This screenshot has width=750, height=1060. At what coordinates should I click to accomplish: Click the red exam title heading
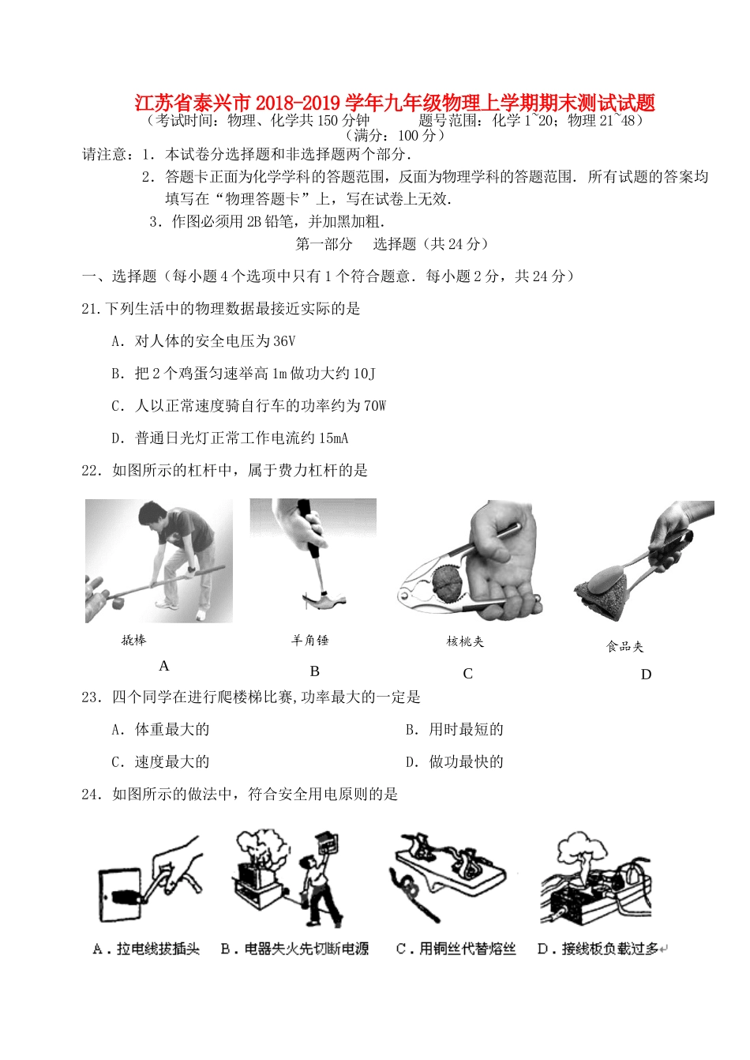pos(394,103)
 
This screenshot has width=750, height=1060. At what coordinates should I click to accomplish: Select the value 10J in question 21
pos(364,374)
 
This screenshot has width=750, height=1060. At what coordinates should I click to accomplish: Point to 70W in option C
pos(374,406)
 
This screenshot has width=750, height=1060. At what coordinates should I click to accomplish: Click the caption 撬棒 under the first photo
pos(133,641)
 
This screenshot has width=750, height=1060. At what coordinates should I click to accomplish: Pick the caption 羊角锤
pos(309,641)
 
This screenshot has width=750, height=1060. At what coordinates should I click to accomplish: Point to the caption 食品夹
pos(624,647)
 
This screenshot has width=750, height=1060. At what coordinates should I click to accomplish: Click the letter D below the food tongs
pos(646,675)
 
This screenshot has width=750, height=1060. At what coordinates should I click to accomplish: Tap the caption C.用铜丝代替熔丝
pos(456,949)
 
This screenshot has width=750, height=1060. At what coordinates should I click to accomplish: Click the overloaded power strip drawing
pos(596,889)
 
